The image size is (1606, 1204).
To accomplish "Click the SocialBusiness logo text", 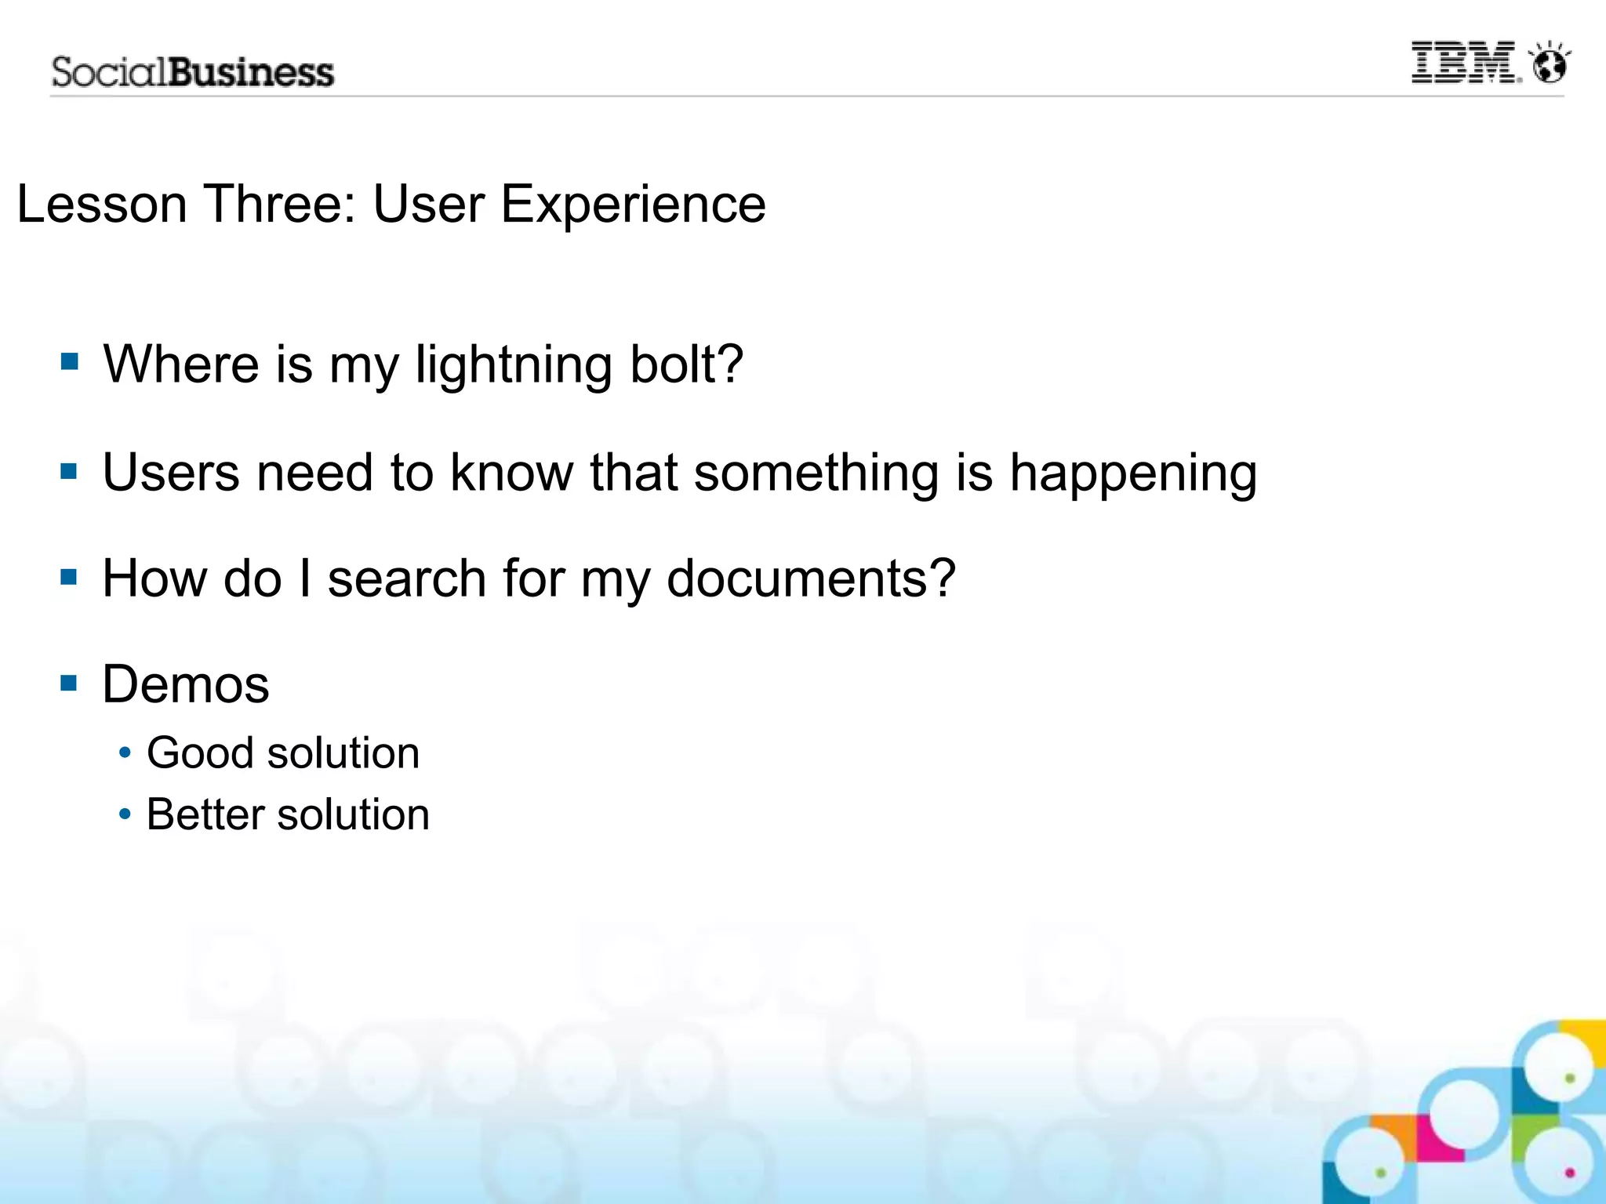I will (x=193, y=72).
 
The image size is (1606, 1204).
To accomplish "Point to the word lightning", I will (x=514, y=365).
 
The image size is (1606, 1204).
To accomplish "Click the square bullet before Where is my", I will (x=70, y=361).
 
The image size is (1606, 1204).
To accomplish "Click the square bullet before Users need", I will (x=70, y=471).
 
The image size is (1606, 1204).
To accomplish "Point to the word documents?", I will (x=811, y=578).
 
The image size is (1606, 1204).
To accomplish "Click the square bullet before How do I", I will (x=70, y=578).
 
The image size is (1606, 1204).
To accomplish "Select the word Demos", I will (x=186, y=684).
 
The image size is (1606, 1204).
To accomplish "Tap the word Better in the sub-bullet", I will (x=205, y=814).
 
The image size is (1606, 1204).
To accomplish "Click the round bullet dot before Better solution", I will (x=125, y=814).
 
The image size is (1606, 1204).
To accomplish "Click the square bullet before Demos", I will (x=70, y=684).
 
